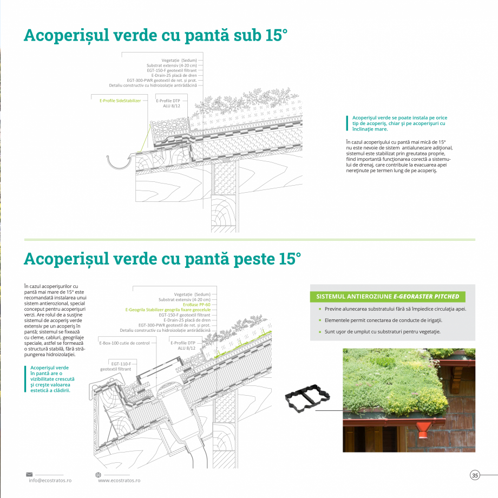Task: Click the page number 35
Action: [x=475, y=475]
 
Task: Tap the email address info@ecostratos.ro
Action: [x=50, y=480]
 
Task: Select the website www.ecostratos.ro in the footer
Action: [x=119, y=480]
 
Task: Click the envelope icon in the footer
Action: [x=29, y=474]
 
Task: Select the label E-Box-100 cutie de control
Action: [x=124, y=343]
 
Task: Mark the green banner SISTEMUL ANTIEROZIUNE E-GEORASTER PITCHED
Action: [x=388, y=297]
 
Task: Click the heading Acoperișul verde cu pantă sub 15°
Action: [x=155, y=35]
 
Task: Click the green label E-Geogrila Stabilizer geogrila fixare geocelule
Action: [x=168, y=310]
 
